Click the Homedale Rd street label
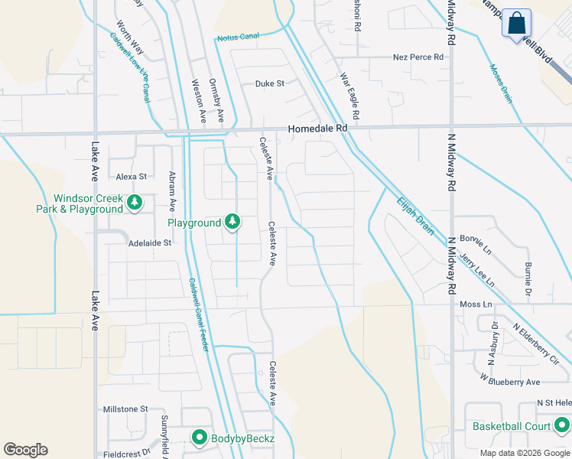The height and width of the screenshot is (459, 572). pos(317,129)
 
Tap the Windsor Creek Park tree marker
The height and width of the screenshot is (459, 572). pos(135,203)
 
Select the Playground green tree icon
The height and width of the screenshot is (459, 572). pos(232,223)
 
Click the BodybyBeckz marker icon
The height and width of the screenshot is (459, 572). pos(200,438)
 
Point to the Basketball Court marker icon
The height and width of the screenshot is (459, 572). pos(562,425)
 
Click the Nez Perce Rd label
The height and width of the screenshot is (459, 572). pos(418,57)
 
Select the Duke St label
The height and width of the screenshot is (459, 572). pos(269,83)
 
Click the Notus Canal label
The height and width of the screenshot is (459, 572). pos(239,36)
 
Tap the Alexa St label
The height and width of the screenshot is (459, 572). pos(131,177)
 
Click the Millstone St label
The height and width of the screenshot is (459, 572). pos(125,409)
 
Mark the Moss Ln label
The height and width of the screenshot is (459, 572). pos(476,304)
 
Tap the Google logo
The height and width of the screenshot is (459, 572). pos(25,450)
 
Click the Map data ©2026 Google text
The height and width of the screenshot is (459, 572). pos(525,453)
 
